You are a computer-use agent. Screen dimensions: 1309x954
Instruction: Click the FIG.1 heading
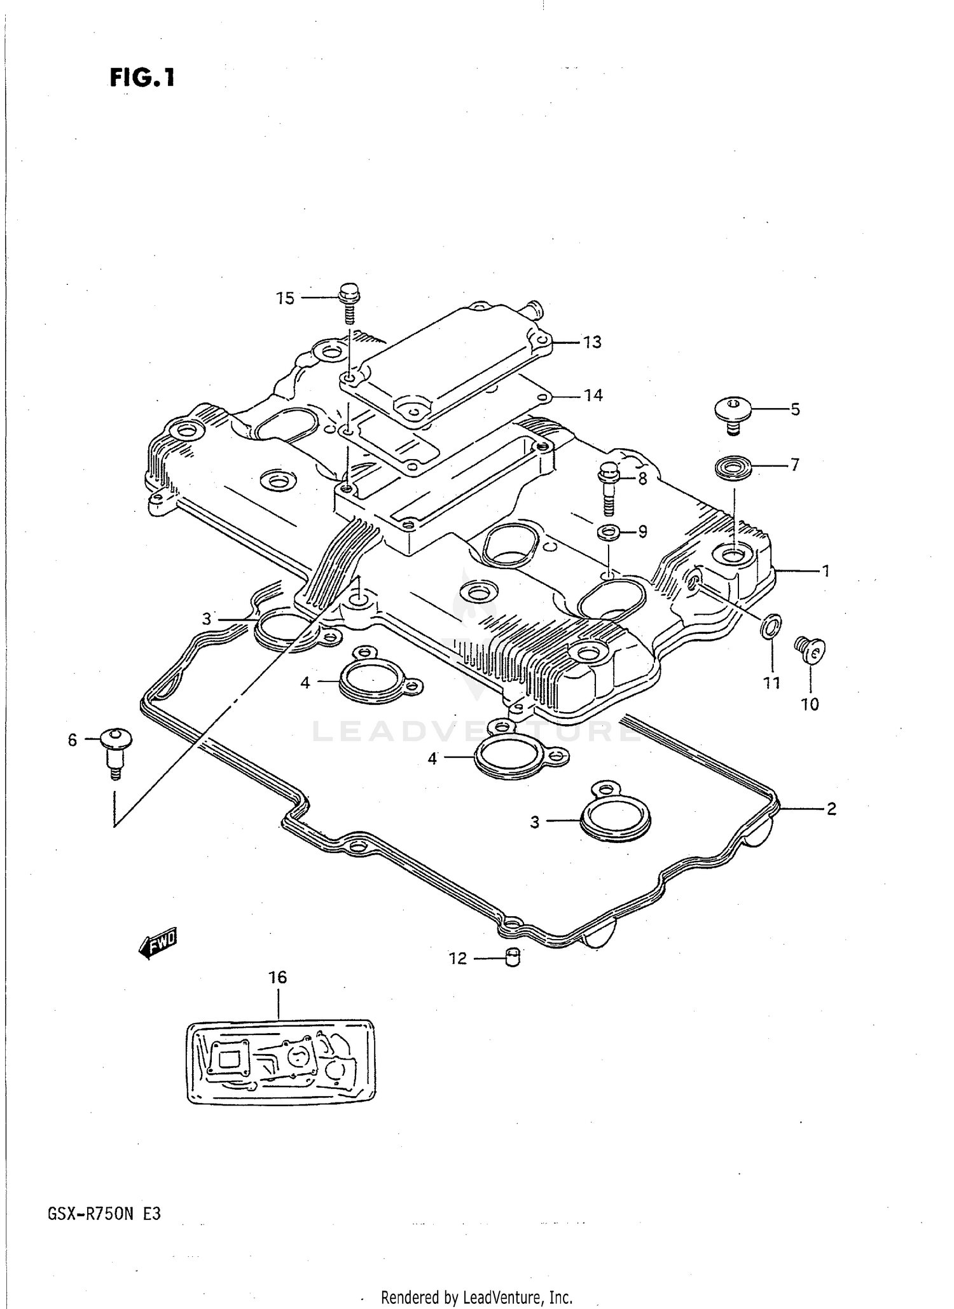(x=142, y=78)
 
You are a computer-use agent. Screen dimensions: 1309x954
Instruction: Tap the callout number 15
(x=286, y=298)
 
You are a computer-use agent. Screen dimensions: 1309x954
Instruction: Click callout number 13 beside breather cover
(x=592, y=342)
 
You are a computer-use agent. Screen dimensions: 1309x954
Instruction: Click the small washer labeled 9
(x=609, y=531)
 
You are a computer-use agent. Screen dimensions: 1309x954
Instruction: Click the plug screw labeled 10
(x=810, y=650)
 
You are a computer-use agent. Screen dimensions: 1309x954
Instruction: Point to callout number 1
(x=826, y=572)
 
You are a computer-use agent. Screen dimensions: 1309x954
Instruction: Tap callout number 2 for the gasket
(x=831, y=809)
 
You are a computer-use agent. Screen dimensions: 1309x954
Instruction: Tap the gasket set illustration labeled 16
(x=280, y=1060)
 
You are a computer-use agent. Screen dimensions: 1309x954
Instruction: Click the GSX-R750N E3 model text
(x=104, y=1214)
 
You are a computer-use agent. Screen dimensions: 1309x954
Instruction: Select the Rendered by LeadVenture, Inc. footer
(x=476, y=1296)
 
